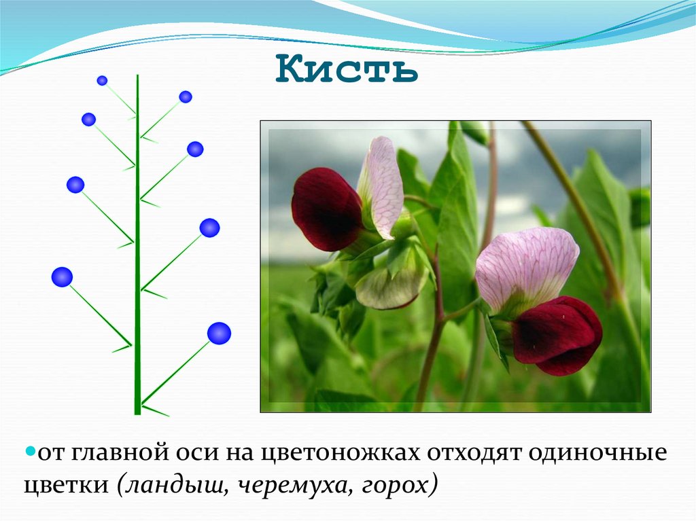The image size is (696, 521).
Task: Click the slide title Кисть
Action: tap(347, 71)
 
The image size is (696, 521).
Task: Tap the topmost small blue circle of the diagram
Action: tap(102, 80)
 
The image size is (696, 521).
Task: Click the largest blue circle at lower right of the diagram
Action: tap(219, 333)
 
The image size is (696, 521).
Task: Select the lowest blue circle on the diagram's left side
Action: tap(62, 276)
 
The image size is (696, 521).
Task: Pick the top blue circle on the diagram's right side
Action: tap(186, 96)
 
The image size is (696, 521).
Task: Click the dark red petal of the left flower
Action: tap(325, 209)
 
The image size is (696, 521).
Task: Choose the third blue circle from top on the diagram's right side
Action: tap(209, 228)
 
